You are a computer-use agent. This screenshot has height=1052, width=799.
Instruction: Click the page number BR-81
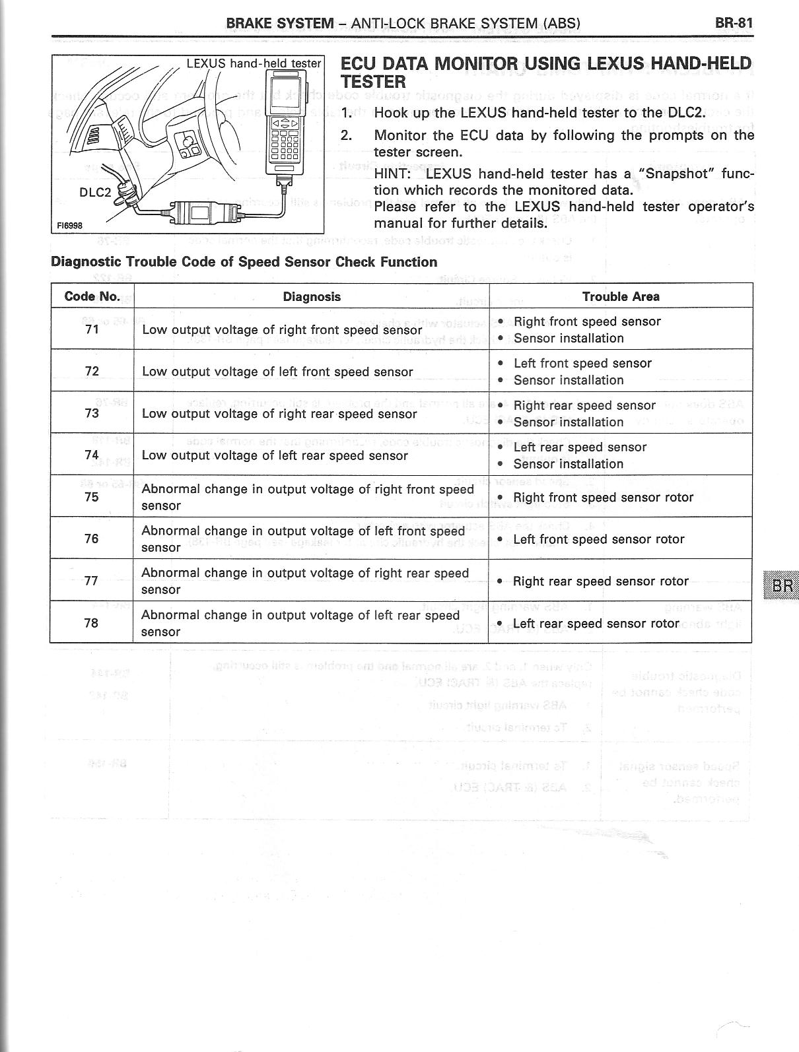pos(734,23)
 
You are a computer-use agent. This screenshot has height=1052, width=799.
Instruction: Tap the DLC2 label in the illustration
pos(95,192)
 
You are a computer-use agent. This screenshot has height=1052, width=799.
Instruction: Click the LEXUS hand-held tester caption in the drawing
pos(254,63)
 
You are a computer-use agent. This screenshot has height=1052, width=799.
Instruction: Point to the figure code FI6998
pos(69,225)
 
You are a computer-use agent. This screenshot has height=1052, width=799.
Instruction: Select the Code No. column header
pos(92,296)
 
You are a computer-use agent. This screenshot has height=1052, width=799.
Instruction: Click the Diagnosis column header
pos(312,297)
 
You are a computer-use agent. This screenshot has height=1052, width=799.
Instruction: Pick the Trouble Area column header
pos(621,297)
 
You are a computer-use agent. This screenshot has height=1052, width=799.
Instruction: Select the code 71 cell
pos(92,329)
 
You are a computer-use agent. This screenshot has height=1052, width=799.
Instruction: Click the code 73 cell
pos(92,413)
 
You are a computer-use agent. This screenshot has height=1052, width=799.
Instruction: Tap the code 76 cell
pos(92,539)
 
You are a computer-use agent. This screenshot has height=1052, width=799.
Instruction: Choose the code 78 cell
pos(92,622)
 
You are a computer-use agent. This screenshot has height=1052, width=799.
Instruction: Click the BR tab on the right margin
pos(782,585)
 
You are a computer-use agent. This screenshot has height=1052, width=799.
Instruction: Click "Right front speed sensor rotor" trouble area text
pos(603,498)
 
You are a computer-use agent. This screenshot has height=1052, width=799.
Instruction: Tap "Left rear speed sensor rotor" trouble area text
pos(596,624)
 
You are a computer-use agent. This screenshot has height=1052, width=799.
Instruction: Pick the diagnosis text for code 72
pos(277,372)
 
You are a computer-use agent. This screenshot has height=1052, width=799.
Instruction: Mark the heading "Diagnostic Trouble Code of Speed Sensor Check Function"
pos(244,262)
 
